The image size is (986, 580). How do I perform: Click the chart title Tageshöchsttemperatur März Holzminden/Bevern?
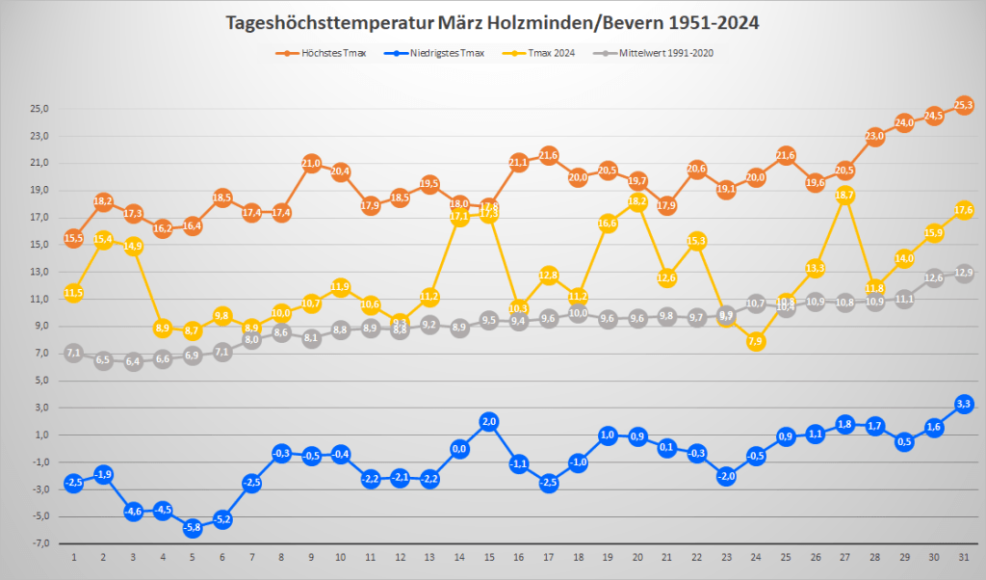(492, 23)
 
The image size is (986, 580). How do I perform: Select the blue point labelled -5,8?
(192, 527)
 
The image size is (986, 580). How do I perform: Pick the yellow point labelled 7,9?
(757, 341)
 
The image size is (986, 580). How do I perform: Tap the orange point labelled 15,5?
(73, 238)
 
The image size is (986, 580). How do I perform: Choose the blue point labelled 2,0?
(489, 422)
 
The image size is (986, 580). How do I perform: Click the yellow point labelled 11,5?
(73, 293)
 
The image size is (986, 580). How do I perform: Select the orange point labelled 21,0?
(311, 164)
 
